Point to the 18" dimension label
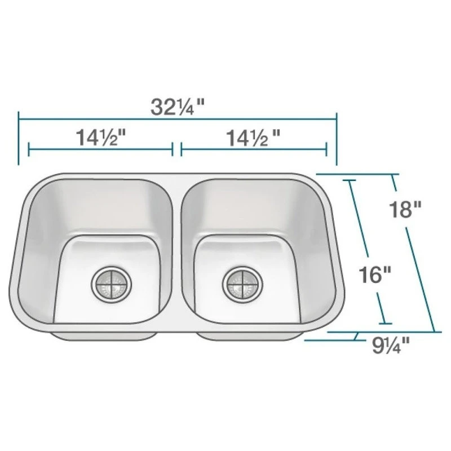404,210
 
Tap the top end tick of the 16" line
350,180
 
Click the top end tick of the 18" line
392,175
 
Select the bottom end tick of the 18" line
434,332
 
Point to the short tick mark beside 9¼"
356,337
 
